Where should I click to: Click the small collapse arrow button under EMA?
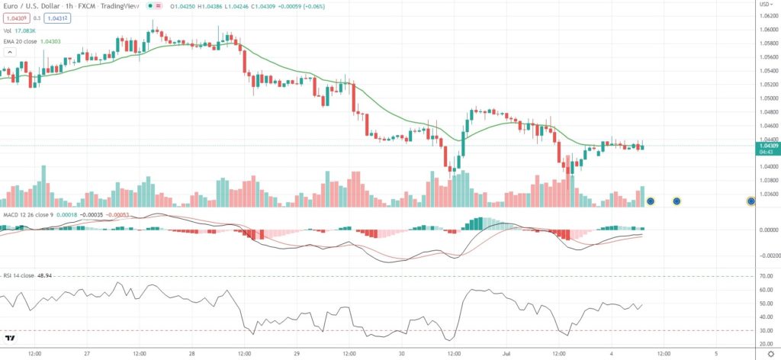(10, 52)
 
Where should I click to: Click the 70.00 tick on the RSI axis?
(764, 276)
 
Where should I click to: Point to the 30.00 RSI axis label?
(764, 330)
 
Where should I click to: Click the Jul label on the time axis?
(506, 354)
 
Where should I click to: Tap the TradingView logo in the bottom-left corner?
(11, 339)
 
